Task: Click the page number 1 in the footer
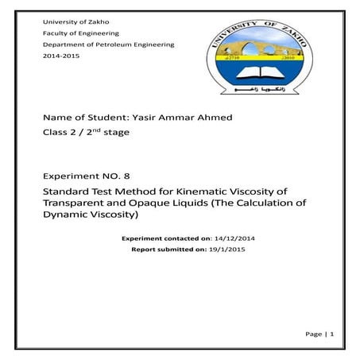[x=333, y=335]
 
